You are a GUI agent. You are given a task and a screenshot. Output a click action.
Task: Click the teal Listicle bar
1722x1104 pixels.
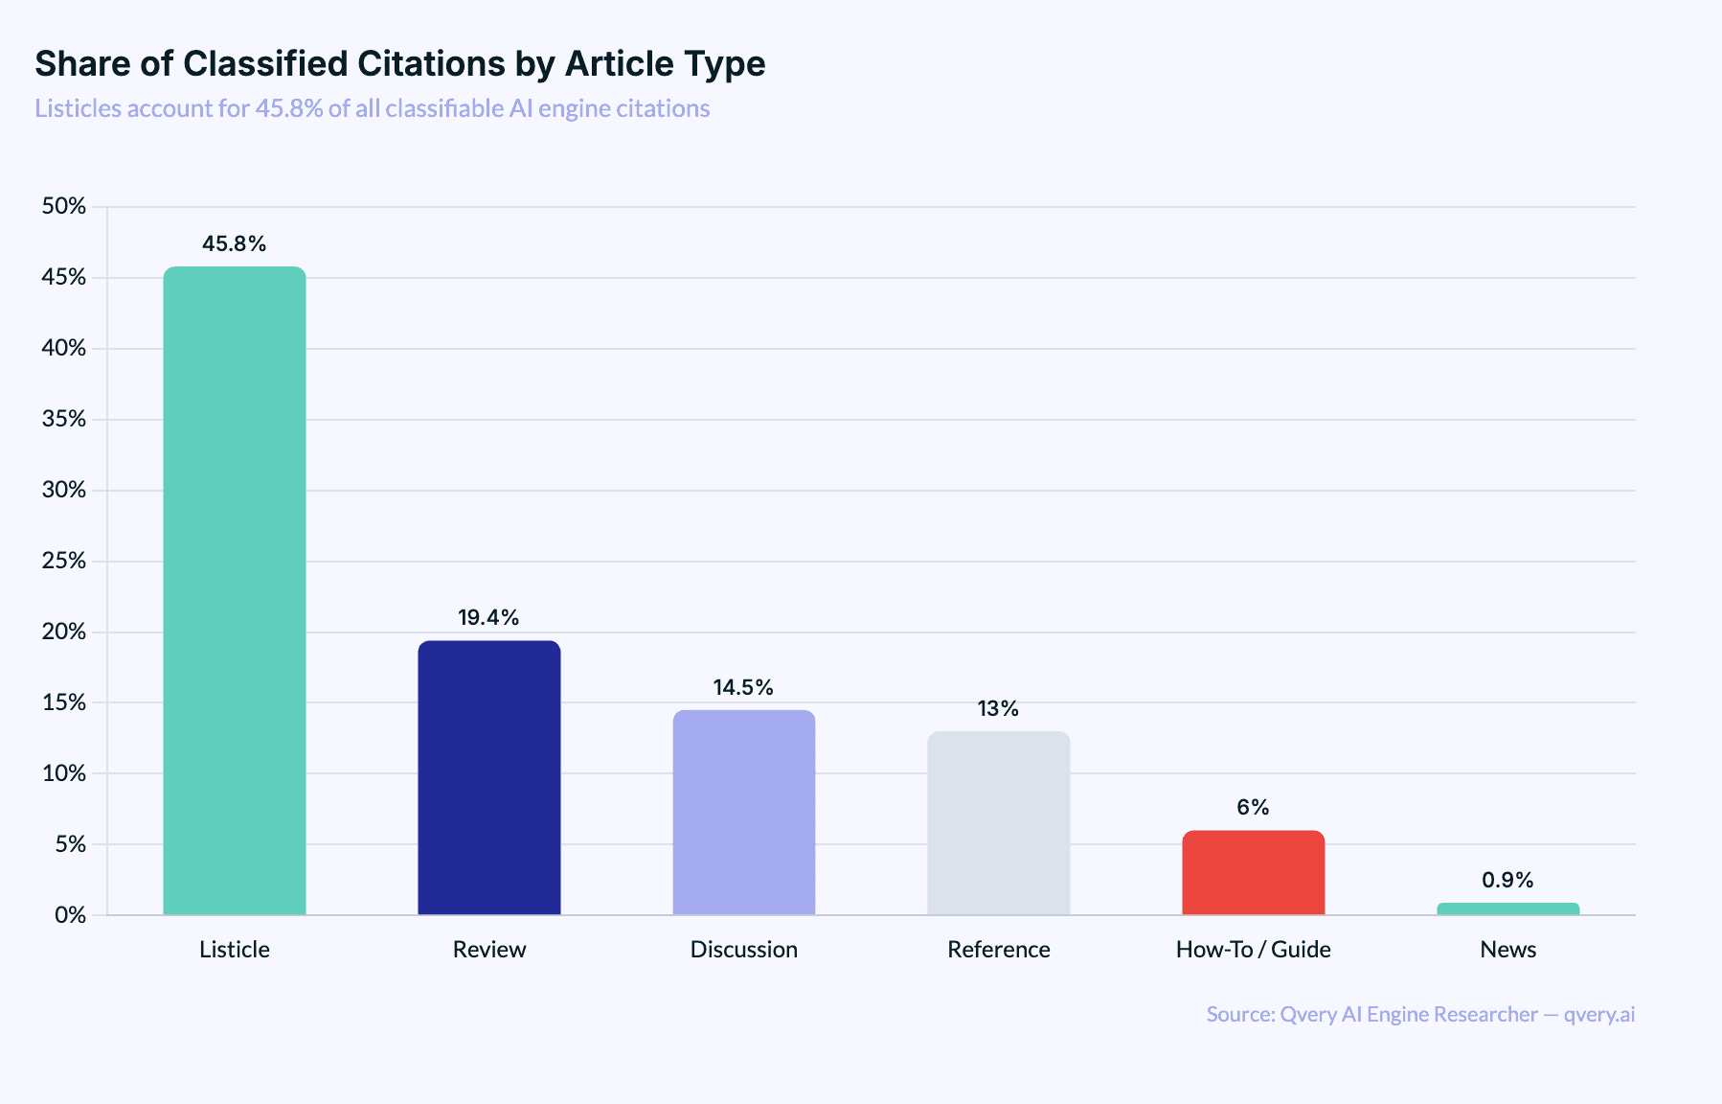[235, 589]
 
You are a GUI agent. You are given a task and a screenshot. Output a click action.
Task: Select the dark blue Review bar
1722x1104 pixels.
[489, 777]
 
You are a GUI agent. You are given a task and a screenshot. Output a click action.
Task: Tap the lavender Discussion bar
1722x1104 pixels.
[744, 812]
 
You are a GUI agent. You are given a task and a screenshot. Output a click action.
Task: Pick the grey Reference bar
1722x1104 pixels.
[999, 822]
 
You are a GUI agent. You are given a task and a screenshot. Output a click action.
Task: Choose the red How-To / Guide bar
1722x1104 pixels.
[1254, 872]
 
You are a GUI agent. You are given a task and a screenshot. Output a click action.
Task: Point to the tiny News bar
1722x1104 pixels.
[1508, 908]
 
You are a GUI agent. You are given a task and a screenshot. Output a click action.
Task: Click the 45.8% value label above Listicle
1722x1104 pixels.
[235, 243]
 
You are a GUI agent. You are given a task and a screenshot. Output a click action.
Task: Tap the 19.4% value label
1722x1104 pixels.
[488, 617]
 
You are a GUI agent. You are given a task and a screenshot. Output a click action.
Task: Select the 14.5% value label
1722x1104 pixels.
[743, 687]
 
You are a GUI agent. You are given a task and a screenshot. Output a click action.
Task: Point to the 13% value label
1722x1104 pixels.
[998, 708]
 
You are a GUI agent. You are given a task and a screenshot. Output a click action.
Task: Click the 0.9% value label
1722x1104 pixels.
[1507, 880]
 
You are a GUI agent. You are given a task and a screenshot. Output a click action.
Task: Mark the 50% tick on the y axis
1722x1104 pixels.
[64, 206]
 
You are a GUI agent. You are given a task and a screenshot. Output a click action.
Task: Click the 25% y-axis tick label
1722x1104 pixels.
[64, 561]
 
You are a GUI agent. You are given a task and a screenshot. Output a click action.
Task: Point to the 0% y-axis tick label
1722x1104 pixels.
[70, 915]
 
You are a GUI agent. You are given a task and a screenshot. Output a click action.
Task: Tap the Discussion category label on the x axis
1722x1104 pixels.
[744, 950]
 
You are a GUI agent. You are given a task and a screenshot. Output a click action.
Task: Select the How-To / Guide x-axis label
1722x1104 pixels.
[1254, 950]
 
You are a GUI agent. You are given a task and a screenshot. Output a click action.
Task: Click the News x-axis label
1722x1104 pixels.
[1508, 950]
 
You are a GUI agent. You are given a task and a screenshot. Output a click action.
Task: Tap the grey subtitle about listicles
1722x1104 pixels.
[373, 108]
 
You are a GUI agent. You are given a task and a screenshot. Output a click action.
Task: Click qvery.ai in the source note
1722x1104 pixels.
[1599, 1014]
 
